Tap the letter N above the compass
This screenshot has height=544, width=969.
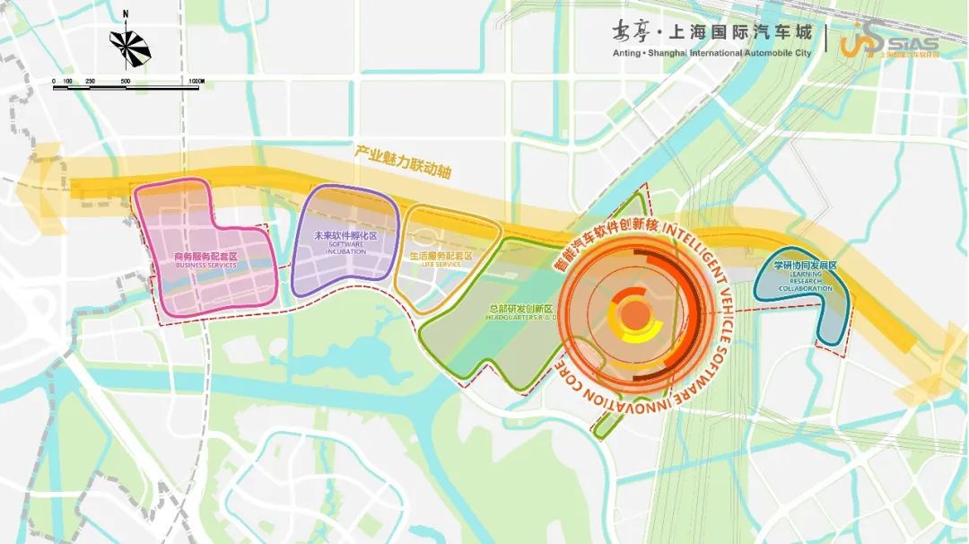tap(126, 14)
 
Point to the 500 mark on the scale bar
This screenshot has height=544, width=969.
tap(125, 82)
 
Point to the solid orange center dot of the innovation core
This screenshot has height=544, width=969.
tap(635, 314)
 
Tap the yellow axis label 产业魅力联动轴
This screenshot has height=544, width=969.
tap(402, 160)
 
